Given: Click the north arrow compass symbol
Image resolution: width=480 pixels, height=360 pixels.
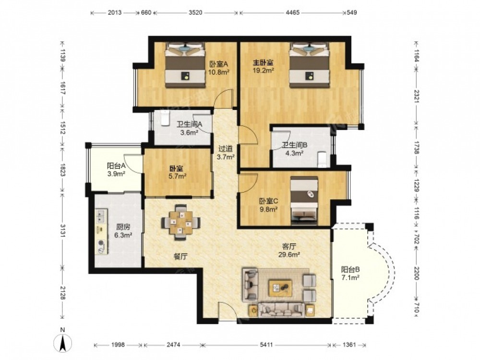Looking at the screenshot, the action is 63,340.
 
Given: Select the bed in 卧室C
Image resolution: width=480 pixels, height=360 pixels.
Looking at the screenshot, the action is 304,201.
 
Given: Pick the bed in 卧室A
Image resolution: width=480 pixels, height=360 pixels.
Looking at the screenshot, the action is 185,65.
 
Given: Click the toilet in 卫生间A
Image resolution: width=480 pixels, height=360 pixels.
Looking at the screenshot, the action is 165,118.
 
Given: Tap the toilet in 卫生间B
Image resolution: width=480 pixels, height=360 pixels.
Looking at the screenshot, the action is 323,159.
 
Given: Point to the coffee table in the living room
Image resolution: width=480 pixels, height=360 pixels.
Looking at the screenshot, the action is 281,288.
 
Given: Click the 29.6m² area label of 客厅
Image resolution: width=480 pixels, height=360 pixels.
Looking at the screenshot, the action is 289,254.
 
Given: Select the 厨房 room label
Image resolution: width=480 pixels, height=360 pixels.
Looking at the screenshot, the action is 123,227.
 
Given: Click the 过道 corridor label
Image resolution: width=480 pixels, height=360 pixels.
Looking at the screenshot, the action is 226,149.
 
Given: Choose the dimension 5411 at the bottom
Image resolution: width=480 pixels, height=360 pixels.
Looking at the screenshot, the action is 266,345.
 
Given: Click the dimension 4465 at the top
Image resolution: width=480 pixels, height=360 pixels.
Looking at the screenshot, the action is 293,12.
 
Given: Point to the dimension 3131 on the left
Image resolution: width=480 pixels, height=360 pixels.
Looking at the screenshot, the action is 62,231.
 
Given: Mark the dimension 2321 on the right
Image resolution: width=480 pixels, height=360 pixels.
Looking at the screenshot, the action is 416,96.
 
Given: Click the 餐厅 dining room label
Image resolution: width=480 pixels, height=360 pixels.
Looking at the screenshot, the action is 180,256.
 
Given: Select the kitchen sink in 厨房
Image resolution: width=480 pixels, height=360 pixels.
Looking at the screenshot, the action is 101,216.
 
